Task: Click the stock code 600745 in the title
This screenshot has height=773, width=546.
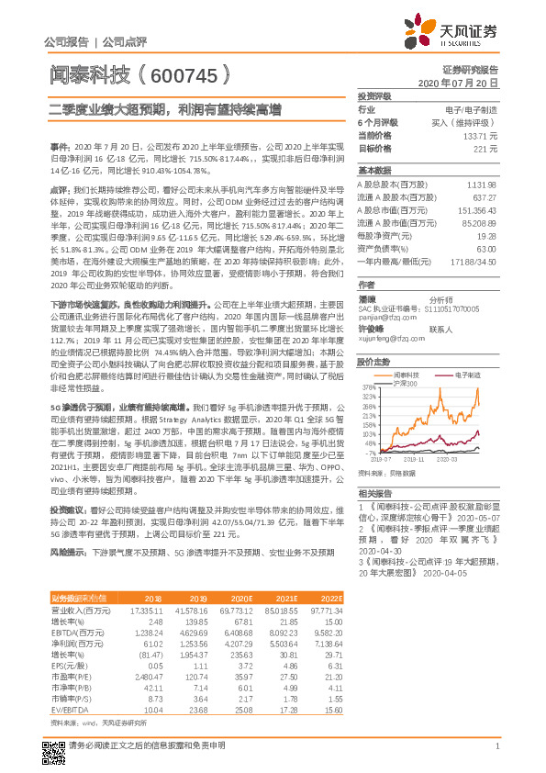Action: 184,71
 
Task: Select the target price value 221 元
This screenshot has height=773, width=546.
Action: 485,148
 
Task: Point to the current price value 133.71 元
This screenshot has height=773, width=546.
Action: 481,135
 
